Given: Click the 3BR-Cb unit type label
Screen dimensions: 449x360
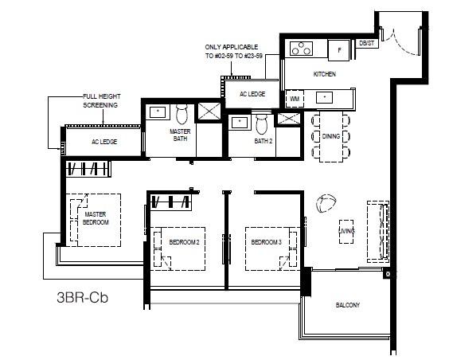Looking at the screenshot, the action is coord(83,297).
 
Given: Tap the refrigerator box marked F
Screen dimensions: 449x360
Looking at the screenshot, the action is coord(339,50).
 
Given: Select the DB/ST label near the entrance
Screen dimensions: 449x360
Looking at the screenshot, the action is coord(366,43).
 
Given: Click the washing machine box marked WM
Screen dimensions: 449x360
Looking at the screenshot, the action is coord(295,99).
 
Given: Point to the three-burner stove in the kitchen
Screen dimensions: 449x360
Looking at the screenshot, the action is coord(301,49).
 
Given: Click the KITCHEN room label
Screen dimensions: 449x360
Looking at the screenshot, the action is coord(325,74).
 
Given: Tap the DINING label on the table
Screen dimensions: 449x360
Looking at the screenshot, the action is coord(331,136).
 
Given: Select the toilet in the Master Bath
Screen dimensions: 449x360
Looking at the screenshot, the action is coord(182,114).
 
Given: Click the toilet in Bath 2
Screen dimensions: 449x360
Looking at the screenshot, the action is coord(261,124).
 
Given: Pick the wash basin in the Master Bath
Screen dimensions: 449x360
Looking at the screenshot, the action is coord(158,112).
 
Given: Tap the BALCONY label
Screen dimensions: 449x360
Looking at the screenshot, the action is coord(348,305).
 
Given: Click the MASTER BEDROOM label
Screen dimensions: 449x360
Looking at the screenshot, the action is coord(96,218).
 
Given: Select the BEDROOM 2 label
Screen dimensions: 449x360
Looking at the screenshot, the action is coord(184,242).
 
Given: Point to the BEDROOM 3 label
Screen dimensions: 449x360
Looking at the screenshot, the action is coord(267,242).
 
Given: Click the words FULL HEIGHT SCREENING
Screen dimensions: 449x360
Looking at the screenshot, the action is coord(101,101).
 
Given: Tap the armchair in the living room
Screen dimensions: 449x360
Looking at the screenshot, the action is coord(326,203).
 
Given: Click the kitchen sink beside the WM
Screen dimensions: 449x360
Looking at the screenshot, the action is coord(324,97).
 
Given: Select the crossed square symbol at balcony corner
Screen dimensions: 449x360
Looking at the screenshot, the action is coord(388,274).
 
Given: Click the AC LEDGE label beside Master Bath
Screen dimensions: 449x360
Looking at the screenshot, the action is coord(104,142).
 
